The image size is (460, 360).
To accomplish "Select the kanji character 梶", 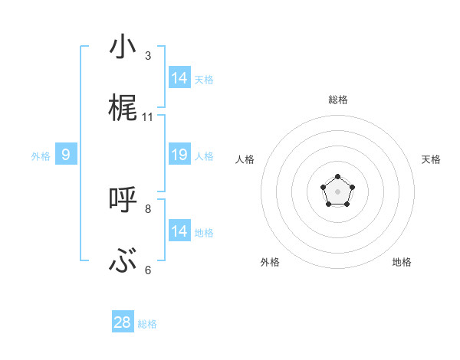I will pyautogui.click(x=123, y=108).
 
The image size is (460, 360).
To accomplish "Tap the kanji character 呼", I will pyautogui.click(x=123, y=200).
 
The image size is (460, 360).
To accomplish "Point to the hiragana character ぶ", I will pyautogui.click(x=123, y=262).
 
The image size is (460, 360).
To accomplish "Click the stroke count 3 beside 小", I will pyautogui.click(x=148, y=56).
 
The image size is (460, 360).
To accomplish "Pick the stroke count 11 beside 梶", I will pyautogui.click(x=148, y=117).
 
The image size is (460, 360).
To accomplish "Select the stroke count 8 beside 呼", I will pyautogui.click(x=148, y=208).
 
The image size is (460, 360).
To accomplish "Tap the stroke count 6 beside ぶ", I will pyautogui.click(x=148, y=270).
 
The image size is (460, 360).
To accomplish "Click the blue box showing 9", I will pyautogui.click(x=66, y=155).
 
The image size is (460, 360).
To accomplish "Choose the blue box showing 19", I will pyautogui.click(x=179, y=155).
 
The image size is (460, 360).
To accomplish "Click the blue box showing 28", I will pyautogui.click(x=123, y=322).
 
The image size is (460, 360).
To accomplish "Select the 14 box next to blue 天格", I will pyautogui.click(x=179, y=78).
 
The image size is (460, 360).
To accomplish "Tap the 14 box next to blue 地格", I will pyautogui.click(x=179, y=231).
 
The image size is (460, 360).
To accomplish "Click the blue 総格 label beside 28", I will pyautogui.click(x=147, y=324).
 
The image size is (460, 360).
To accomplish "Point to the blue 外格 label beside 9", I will pyautogui.click(x=41, y=156).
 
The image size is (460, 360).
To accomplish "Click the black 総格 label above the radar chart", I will pyautogui.click(x=337, y=100).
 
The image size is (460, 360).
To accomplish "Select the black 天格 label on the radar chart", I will pyautogui.click(x=431, y=159).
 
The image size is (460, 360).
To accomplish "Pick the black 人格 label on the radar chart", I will pyautogui.click(x=245, y=159).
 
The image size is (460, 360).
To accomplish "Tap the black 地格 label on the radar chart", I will pyautogui.click(x=402, y=262).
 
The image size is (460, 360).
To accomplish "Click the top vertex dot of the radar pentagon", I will pyautogui.click(x=337, y=177).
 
